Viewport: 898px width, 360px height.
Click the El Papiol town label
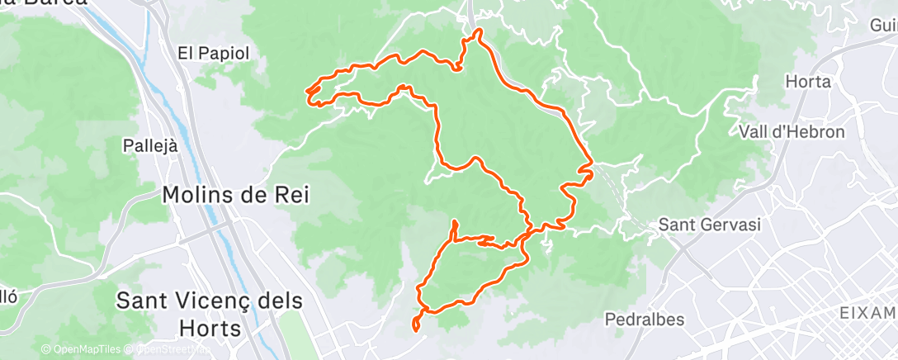(213, 53)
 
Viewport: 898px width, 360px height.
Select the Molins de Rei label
(235, 196)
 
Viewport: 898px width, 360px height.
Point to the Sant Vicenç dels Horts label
(209, 315)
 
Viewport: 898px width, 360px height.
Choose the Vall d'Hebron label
(792, 132)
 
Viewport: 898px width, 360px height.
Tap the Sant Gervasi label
(708, 225)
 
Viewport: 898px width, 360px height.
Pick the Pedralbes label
(645, 319)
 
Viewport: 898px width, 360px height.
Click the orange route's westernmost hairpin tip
(308, 91)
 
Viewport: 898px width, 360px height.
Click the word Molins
(200, 196)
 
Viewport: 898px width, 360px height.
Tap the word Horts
(209, 329)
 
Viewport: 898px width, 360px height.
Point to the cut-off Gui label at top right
(883, 26)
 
